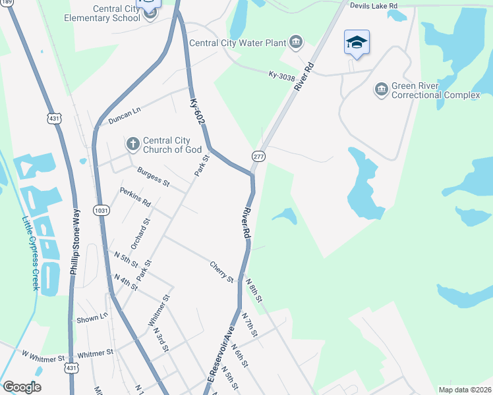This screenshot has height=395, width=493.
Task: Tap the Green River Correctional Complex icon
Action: click(x=381, y=89)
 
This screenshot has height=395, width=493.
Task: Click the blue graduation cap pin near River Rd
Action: click(x=357, y=43)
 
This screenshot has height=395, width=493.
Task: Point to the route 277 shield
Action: click(x=258, y=156)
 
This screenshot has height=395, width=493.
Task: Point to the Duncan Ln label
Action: click(x=125, y=117)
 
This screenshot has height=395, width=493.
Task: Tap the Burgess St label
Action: click(x=154, y=176)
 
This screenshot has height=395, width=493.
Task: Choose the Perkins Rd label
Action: click(x=135, y=196)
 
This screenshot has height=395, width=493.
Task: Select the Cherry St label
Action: click(x=221, y=271)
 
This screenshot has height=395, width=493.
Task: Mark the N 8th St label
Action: click(x=254, y=290)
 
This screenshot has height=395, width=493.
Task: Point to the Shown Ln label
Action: click(x=92, y=318)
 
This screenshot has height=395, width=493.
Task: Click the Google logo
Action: click(x=21, y=387)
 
